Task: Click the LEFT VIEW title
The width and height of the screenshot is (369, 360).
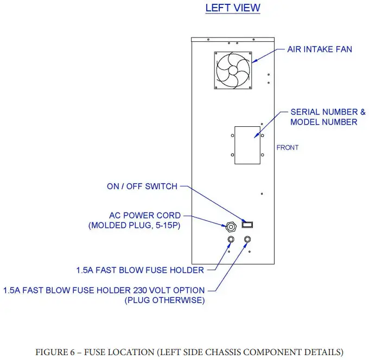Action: click(x=233, y=8)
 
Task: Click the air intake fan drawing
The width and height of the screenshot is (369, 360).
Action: click(x=233, y=69)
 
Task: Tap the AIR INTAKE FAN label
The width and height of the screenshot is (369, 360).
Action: click(x=320, y=49)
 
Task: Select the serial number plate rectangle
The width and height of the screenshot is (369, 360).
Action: click(x=247, y=145)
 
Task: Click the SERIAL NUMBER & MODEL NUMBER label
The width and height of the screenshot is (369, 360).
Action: click(x=327, y=117)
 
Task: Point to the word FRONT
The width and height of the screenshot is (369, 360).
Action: click(x=288, y=147)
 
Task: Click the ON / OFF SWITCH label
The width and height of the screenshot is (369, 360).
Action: click(x=142, y=187)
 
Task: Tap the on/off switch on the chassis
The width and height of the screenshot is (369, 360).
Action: click(x=248, y=223)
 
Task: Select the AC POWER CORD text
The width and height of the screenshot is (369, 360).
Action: click(x=145, y=215)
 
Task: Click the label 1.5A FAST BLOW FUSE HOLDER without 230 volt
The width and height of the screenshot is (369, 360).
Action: click(x=141, y=270)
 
